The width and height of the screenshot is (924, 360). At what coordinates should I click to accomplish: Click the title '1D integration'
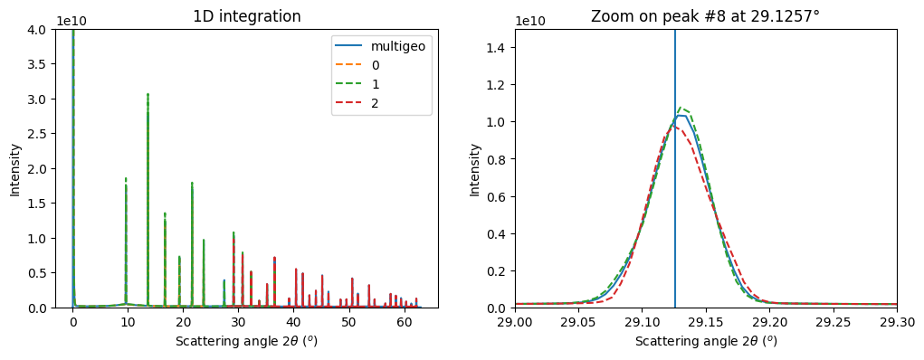click(x=247, y=16)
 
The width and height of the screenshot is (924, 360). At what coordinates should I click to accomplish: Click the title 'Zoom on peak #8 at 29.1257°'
click(x=705, y=16)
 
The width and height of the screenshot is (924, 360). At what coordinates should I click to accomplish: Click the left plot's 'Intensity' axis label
click(x=14, y=168)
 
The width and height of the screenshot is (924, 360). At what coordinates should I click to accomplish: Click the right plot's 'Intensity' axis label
click(x=475, y=168)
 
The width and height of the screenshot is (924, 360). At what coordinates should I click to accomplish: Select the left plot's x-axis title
click(x=247, y=341)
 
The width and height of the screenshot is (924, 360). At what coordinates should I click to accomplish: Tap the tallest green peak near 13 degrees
click(x=148, y=94)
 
